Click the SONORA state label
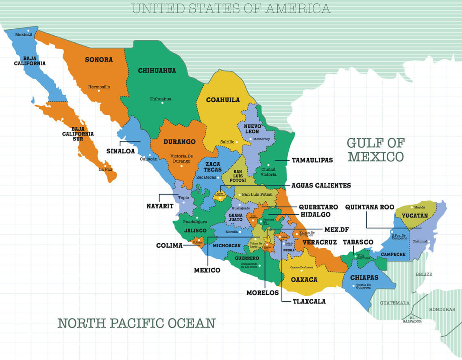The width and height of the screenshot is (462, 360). tap(98, 60)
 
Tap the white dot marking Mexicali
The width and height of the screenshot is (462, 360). tap(28, 31)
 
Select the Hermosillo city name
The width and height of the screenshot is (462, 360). tap(99, 87)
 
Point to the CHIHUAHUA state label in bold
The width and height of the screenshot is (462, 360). tap(157, 71)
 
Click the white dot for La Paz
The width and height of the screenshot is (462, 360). tap(105, 166)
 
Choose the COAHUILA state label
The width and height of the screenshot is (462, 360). tap(222, 100)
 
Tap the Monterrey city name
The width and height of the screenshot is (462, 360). tap(261, 139)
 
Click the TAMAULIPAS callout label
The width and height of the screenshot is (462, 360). tap(312, 160)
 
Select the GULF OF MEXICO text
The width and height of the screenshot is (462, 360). tap(375, 150)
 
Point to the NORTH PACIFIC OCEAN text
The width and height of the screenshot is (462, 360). tap(136, 323)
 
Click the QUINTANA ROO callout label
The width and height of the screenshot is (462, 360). tap(370, 207)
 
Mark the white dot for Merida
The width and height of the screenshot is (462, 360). tap(411, 207)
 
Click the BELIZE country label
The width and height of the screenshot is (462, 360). tap(423, 275)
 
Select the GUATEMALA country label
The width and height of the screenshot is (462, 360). tap(394, 303)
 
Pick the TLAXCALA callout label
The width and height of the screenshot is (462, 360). tap(309, 301)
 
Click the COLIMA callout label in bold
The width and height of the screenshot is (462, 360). tap(169, 245)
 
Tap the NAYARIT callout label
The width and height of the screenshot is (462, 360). tap(160, 206)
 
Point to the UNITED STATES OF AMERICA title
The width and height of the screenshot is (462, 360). tap(231, 8)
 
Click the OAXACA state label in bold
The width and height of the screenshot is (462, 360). tap(304, 280)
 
